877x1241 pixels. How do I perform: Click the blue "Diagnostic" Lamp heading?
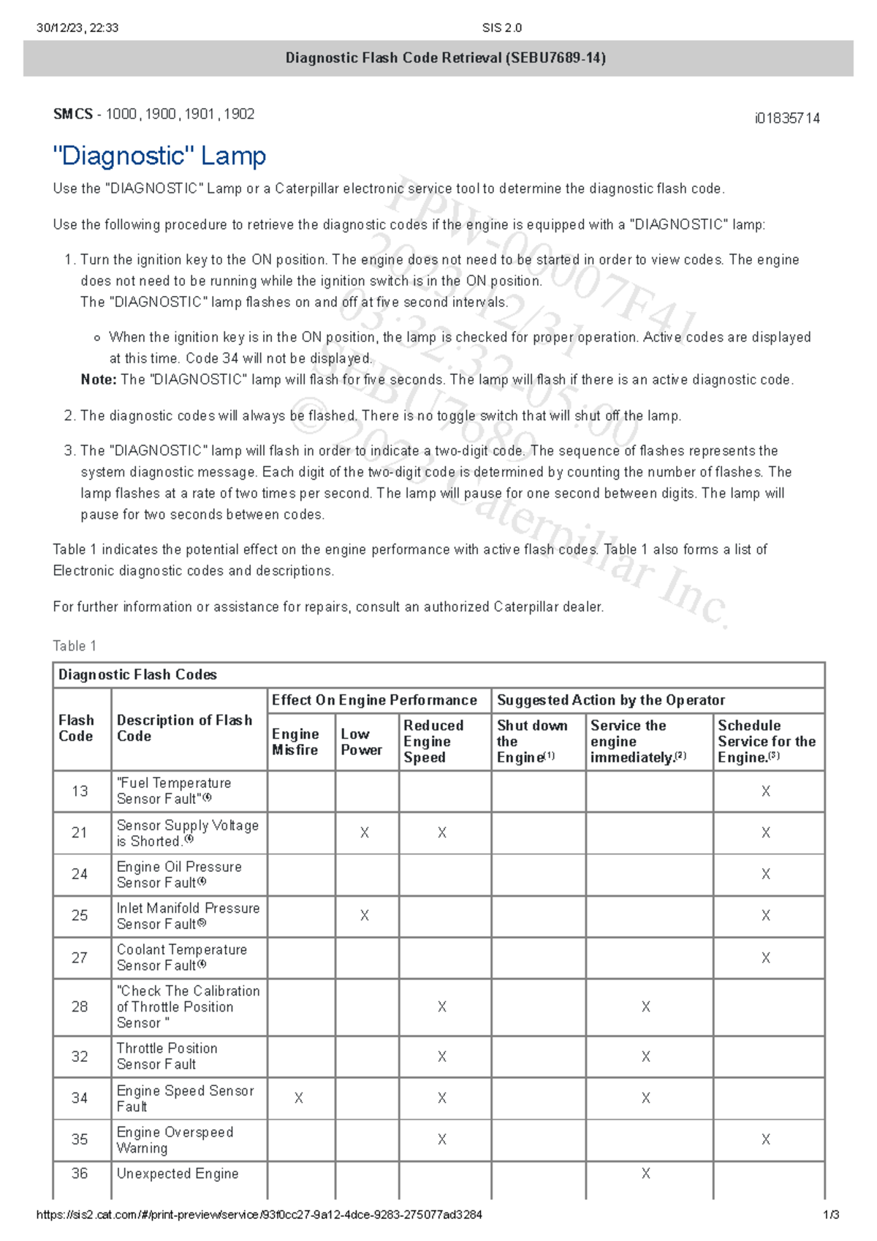click(x=159, y=156)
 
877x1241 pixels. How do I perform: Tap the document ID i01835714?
click(x=787, y=118)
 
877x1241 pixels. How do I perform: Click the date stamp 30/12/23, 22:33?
click(x=77, y=28)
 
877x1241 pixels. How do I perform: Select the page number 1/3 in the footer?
click(x=831, y=1215)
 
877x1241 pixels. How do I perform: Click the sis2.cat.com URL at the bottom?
click(x=259, y=1215)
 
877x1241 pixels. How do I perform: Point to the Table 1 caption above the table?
click(x=75, y=646)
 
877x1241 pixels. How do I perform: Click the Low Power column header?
click(x=361, y=742)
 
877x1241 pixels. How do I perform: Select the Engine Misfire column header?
click(x=295, y=742)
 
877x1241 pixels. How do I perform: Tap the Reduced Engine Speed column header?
click(x=433, y=741)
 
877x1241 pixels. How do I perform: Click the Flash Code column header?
click(x=76, y=729)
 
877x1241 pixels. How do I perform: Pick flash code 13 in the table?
click(x=80, y=792)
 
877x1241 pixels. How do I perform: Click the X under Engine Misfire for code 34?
click(x=299, y=1098)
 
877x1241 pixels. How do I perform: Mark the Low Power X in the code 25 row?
click(x=365, y=916)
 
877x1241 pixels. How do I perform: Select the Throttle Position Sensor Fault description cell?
click(x=167, y=1056)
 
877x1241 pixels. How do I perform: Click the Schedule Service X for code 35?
click(x=766, y=1139)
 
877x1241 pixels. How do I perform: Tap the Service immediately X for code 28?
click(x=646, y=1007)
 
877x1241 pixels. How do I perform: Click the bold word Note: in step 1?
click(x=99, y=380)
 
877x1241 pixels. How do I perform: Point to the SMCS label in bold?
click(x=73, y=114)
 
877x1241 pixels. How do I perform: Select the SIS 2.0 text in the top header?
click(x=502, y=28)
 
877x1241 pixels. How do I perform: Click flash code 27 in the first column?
click(x=80, y=958)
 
